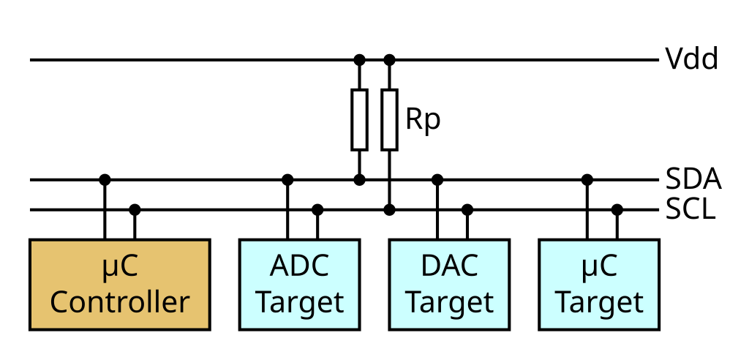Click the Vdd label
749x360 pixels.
[x=691, y=59]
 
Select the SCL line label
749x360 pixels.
[x=690, y=210]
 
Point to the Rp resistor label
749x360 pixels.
[x=424, y=119]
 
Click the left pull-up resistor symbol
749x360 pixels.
[x=359, y=119]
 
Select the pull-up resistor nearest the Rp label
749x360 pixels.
[x=390, y=119]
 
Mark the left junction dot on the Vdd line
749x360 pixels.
[x=359, y=59]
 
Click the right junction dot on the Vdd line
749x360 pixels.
[x=390, y=59]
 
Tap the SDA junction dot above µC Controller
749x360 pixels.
[x=105, y=179]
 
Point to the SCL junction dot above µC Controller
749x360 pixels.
[x=135, y=210]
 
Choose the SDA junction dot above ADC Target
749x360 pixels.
[x=287, y=179]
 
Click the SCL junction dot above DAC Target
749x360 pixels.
[x=467, y=210]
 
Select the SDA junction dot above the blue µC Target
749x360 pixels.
[x=587, y=179]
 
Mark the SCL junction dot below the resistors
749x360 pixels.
[x=390, y=210]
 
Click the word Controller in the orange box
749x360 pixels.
[x=120, y=301]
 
